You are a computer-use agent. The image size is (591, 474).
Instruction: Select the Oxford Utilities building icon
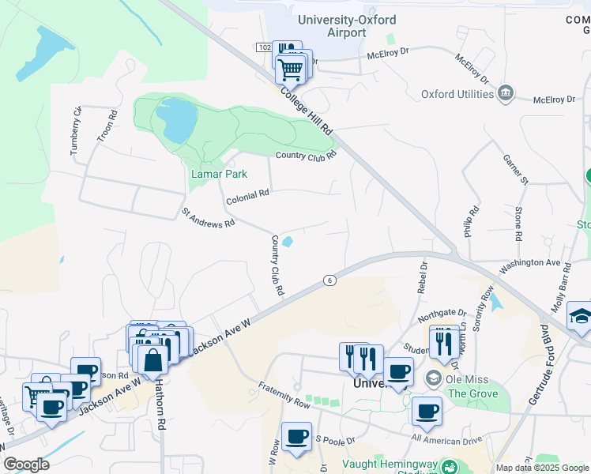point(506,93)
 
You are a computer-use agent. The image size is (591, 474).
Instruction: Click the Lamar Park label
point(220,174)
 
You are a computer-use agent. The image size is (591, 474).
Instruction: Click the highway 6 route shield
point(329,280)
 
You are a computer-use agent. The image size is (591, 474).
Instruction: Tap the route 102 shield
point(264,48)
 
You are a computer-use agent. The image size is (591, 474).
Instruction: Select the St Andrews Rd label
point(209,218)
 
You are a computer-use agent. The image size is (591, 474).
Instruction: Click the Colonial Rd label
point(247,197)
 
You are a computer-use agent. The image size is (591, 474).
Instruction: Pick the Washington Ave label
point(529,262)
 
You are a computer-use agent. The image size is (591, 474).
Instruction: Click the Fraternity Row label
point(284,394)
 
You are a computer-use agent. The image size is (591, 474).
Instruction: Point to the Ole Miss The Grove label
point(472,386)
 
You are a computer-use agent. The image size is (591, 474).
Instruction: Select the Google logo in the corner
point(26,465)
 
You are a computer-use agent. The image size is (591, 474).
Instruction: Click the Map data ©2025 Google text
point(542,468)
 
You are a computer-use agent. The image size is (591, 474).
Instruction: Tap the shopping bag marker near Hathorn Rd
point(153,359)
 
